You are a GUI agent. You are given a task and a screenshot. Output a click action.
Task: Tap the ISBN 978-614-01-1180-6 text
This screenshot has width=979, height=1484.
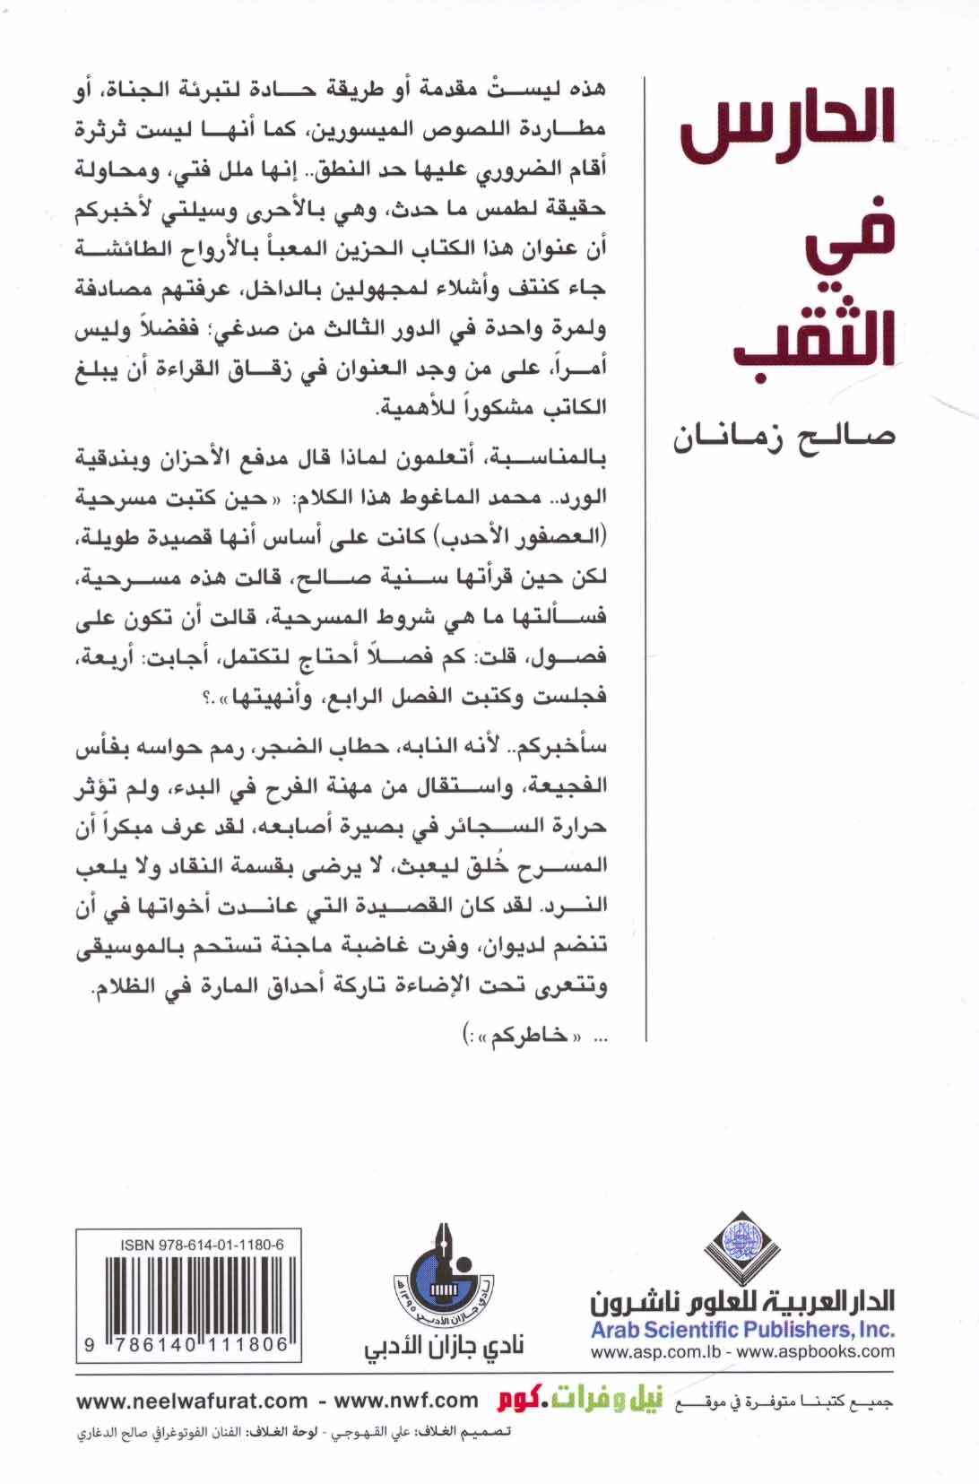click(202, 1245)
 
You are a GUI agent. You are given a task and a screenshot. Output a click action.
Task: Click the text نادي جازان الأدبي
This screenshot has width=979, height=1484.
click(443, 1348)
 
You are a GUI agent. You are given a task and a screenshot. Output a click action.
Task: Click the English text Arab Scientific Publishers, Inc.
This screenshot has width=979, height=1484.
click(742, 1330)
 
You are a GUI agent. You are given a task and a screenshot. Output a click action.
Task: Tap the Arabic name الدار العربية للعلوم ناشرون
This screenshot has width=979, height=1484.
click(742, 1299)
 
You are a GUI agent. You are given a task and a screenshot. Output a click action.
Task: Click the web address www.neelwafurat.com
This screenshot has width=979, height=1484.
click(192, 1401)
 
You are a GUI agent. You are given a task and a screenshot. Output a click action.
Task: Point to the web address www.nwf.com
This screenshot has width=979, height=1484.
click(406, 1401)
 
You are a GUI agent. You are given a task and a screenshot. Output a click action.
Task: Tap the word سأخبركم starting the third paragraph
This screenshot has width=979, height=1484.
click(564, 746)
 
